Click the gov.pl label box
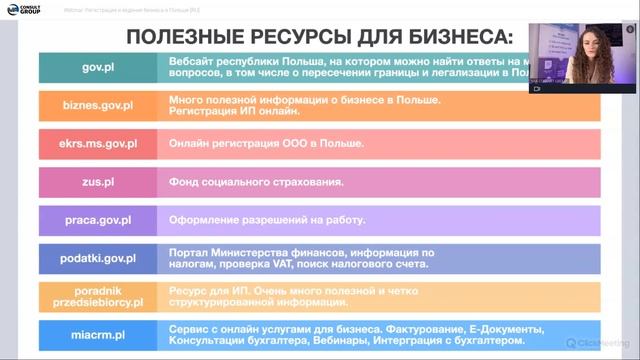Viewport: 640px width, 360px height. tap(98, 67)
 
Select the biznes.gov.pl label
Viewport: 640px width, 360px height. tap(98, 106)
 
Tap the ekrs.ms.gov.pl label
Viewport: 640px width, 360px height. tap(98, 144)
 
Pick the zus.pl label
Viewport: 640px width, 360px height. tap(98, 182)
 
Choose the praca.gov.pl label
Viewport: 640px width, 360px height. tap(98, 220)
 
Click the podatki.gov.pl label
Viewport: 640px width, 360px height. tap(98, 258)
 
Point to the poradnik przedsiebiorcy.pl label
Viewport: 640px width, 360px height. tap(98, 295)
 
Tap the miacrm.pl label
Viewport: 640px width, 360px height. tap(98, 334)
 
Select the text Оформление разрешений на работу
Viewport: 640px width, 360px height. tap(268, 220)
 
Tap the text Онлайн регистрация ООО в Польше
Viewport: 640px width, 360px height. tap(266, 144)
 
